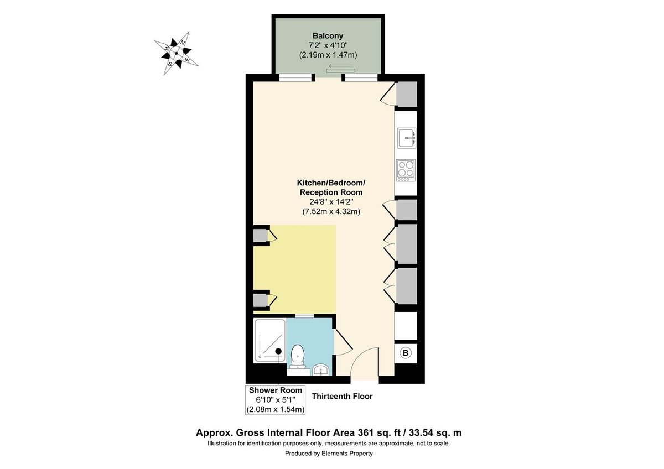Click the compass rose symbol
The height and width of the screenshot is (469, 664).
tap(177, 54)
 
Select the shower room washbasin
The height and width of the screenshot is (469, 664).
tap(320, 369)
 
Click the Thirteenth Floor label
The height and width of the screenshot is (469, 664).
tap(342, 397)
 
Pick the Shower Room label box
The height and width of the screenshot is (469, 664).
tap(276, 400)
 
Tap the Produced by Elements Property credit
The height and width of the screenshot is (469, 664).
tap(329, 454)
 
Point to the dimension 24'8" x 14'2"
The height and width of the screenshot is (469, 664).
tap(331, 202)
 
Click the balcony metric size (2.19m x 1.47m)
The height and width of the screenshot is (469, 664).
tap(328, 55)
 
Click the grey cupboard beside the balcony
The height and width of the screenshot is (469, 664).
tap(406, 94)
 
